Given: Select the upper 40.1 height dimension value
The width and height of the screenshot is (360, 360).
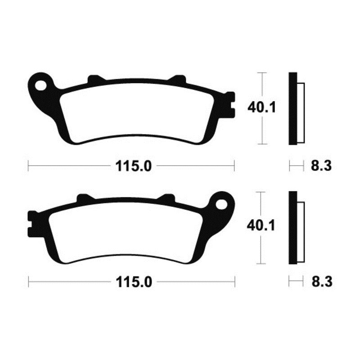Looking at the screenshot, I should coord(260,108).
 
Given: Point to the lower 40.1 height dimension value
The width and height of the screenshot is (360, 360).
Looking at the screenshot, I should coord(260,226).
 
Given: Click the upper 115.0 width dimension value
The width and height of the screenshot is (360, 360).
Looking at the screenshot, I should coord(131,166).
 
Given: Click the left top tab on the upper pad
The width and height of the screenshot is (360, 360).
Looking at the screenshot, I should coord(94,80).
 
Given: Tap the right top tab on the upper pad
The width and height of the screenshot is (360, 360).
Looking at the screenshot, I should coord(177,80).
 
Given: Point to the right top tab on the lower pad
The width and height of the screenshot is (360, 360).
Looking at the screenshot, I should coord(167,198).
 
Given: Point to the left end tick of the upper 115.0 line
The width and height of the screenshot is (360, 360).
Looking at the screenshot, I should coord(28,166).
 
